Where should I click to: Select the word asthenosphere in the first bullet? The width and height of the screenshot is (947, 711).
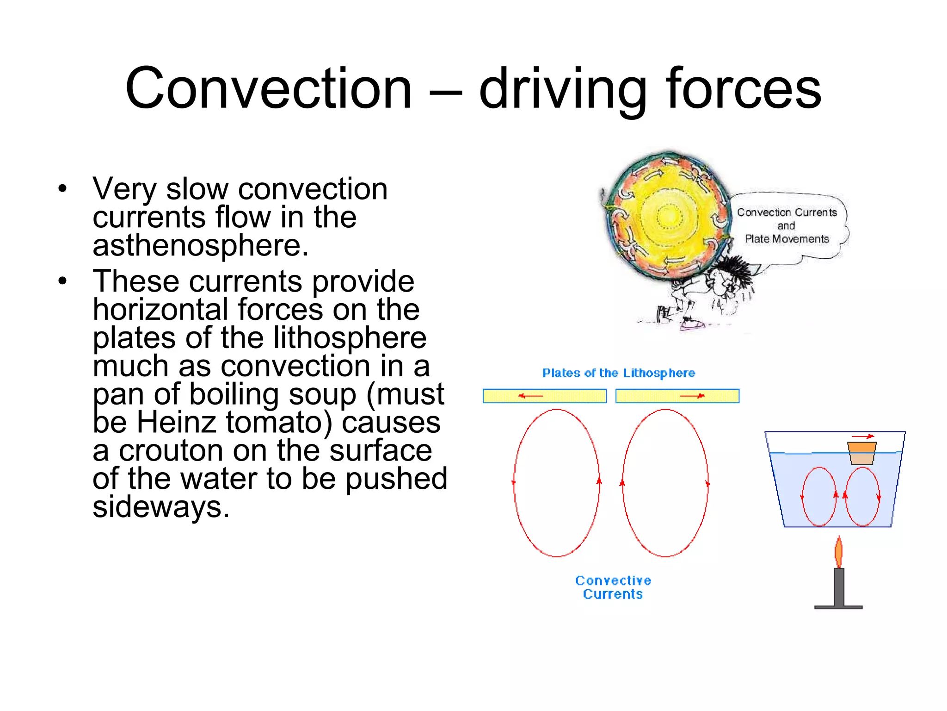point(200,246)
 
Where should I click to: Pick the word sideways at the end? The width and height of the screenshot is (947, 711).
point(161,507)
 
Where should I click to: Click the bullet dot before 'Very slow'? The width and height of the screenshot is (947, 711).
point(63,189)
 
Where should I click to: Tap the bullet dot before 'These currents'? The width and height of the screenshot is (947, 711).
point(63,281)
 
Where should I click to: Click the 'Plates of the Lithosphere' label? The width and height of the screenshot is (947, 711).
point(618,373)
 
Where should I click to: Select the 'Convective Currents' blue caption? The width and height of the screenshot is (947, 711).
point(613,587)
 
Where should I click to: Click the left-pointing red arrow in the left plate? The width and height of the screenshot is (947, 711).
point(530,396)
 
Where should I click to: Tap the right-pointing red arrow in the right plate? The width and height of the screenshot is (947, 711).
point(692,396)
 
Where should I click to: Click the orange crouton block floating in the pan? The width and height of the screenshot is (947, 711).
point(862,452)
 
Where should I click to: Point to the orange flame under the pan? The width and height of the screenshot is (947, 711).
point(838,552)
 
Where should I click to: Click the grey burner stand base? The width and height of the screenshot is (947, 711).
point(838,607)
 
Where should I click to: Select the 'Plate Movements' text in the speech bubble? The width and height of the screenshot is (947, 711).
point(787,239)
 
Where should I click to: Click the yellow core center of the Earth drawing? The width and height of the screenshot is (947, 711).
point(667,216)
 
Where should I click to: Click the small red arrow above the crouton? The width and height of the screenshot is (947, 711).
point(863,436)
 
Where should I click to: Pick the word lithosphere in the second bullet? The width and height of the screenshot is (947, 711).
point(350,338)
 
